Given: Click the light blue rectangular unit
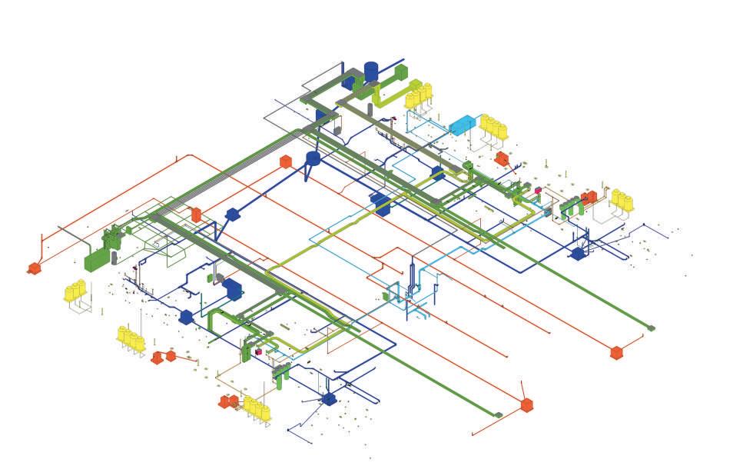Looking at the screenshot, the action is [463, 125].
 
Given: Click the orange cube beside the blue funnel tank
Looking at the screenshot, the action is [285, 161].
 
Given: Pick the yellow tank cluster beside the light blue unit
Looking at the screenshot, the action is [493, 128].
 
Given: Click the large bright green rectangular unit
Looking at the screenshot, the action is [97, 258].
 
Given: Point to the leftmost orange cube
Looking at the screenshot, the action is [34, 268].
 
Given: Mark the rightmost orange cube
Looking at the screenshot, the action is [616, 352].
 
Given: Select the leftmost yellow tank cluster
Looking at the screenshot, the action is [75, 291].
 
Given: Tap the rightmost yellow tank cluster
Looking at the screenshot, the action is [622, 201].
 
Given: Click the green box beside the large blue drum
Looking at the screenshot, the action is [400, 72].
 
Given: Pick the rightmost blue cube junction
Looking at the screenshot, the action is [577, 253].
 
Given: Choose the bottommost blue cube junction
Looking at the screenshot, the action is [329, 398].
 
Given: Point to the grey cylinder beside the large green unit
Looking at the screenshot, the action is [114, 257].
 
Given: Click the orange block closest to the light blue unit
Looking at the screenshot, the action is [501, 158].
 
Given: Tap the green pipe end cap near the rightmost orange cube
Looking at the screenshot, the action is [651, 328].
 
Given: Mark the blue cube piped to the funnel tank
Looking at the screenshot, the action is [232, 214].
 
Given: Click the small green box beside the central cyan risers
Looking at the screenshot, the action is [386, 296].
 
